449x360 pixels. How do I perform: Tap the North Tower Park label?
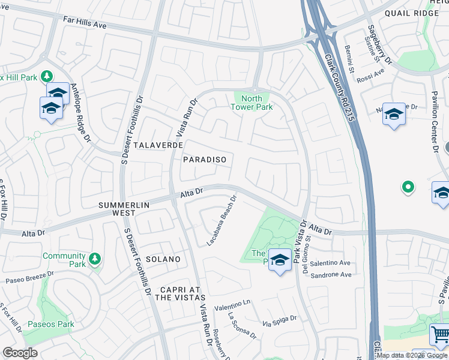coord(252,103)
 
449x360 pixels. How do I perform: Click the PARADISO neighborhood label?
coord(205,160)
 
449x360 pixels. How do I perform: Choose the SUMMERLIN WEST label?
coord(125,209)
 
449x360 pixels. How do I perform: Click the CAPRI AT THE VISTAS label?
coord(180,293)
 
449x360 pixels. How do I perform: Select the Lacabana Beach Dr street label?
coord(222,221)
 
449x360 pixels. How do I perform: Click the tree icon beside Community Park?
coord(94,259)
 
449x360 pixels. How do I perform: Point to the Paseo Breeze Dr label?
coord(30,280)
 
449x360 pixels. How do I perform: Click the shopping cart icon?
coord(440,334)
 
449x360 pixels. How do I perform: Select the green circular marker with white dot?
coord(408,187)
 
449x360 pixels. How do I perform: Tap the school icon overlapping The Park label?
coord(279,259)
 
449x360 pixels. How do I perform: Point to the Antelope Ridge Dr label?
coord(80,113)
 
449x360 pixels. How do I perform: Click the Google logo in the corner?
coord(20,353)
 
